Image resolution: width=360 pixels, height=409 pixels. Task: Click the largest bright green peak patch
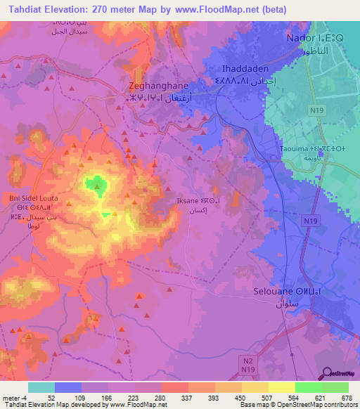96,186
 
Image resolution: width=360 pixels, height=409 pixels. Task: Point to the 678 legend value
346,397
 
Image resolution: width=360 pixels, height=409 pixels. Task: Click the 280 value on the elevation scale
161,397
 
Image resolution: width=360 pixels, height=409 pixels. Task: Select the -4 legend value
15,397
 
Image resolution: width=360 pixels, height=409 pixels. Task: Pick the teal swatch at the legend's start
41,387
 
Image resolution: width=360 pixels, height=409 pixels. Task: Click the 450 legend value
240,397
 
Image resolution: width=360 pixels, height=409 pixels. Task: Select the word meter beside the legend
7,397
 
